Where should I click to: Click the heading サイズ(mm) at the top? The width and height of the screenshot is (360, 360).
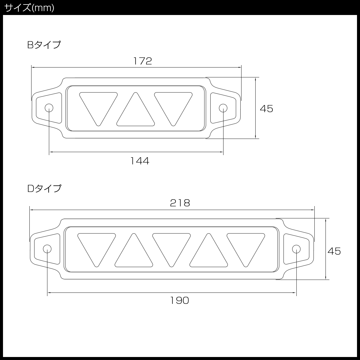(29, 7)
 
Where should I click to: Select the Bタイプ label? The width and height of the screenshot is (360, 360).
(44, 45)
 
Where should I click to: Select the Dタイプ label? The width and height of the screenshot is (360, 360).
(44, 188)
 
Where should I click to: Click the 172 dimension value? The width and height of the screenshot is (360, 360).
(142, 61)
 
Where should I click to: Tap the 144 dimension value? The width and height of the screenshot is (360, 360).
(139, 161)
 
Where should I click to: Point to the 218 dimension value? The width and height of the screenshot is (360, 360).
(180, 203)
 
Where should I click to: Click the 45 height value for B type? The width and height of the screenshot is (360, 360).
(266, 109)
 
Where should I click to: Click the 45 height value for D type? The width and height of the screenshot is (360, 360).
(334, 251)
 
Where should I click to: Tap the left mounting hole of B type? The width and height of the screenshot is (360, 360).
(49, 108)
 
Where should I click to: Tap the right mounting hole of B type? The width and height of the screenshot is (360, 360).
(223, 108)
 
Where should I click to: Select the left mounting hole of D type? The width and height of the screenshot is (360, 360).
(47, 249)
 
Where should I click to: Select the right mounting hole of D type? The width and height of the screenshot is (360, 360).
(296, 249)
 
